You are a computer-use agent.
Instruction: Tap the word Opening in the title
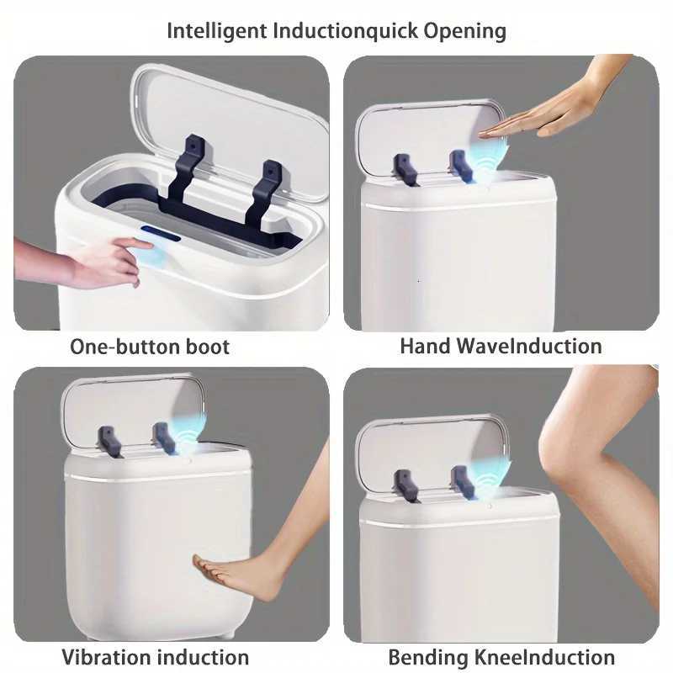[x=465, y=31]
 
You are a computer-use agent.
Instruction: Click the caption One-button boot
[x=150, y=347]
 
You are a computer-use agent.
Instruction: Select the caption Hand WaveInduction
[x=501, y=346]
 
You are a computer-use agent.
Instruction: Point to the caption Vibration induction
[x=156, y=657]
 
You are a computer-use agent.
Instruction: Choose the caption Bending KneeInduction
[x=501, y=657]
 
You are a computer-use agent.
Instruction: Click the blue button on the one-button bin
[x=162, y=233]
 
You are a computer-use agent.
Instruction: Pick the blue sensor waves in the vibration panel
[x=187, y=433]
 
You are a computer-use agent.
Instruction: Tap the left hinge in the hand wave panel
[x=405, y=169]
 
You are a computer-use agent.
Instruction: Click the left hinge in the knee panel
[x=406, y=485]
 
